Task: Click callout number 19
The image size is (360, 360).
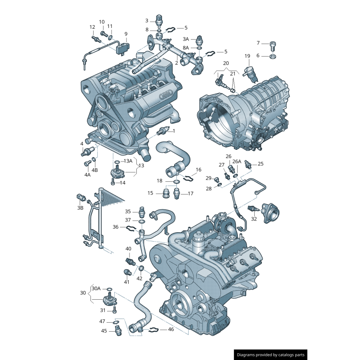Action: click(247, 56)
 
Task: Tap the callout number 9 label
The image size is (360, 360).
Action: click(126, 34)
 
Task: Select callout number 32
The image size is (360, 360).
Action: click(254, 219)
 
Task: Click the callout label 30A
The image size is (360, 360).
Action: click(96, 288)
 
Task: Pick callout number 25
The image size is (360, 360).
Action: click(261, 164)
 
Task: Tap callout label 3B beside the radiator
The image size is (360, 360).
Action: click(81, 208)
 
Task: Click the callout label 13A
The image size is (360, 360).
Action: click(128, 161)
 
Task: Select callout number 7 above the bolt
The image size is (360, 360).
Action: click(258, 43)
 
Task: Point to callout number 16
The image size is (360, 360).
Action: click(198, 170)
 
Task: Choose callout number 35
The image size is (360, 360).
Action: click(128, 211)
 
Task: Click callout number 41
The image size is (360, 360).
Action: click(126, 282)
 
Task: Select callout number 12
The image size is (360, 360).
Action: click(92, 27)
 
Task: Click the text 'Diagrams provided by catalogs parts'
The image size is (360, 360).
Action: click(271, 355)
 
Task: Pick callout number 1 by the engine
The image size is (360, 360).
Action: click(174, 131)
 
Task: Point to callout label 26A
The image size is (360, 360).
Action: click(237, 162)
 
